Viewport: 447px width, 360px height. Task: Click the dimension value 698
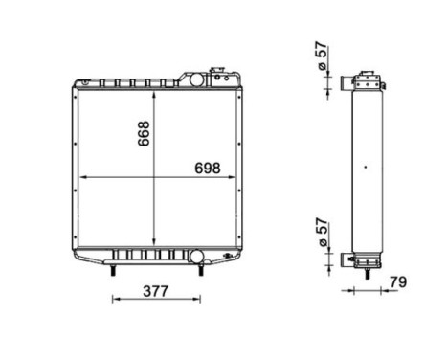point(206,167)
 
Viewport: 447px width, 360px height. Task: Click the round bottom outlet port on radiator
point(197,257)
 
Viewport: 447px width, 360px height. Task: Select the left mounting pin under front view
point(114,272)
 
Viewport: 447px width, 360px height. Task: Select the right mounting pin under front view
point(200,272)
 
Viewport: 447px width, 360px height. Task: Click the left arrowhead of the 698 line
point(82,178)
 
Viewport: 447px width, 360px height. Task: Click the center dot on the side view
point(366,169)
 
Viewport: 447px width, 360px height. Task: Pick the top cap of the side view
point(366,77)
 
